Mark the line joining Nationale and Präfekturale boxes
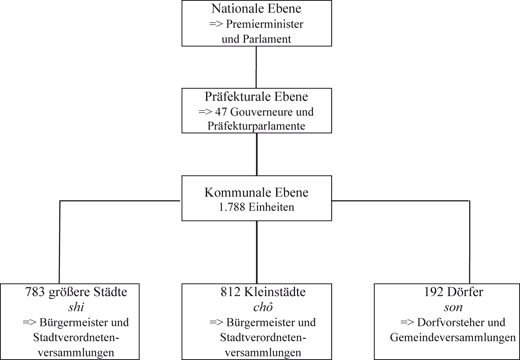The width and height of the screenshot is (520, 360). [259, 67]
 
